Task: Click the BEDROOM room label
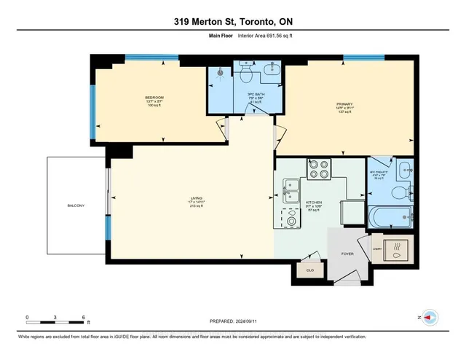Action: point(154,98)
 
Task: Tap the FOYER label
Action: point(348,254)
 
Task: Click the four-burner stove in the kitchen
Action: point(318,169)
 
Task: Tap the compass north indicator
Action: point(430,318)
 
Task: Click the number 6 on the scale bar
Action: point(84,318)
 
